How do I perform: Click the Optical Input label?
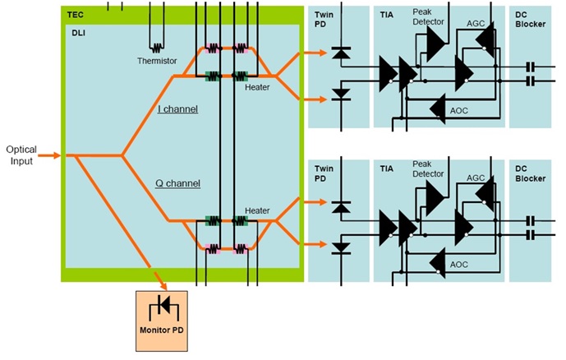[x=21, y=155]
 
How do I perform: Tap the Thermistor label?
[x=157, y=62]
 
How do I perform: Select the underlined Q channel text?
[x=180, y=183]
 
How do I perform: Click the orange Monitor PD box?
[x=161, y=316]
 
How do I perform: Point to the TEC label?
[x=75, y=14]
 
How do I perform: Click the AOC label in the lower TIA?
[x=459, y=264]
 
